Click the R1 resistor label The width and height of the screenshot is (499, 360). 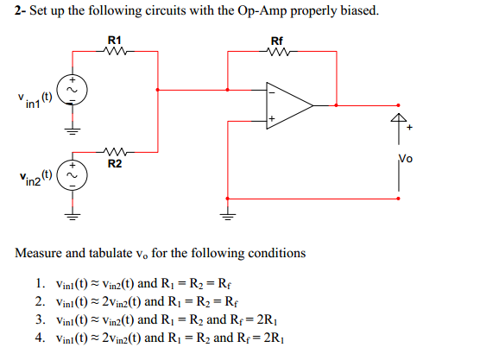pos(115,40)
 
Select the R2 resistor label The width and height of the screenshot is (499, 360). pos(115,162)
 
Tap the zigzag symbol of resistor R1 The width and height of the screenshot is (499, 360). pos(115,51)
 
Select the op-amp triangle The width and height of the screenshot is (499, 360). pos(288,104)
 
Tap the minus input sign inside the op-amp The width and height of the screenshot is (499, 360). pos(271,90)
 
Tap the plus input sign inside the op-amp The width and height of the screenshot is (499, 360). pos(271,118)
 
